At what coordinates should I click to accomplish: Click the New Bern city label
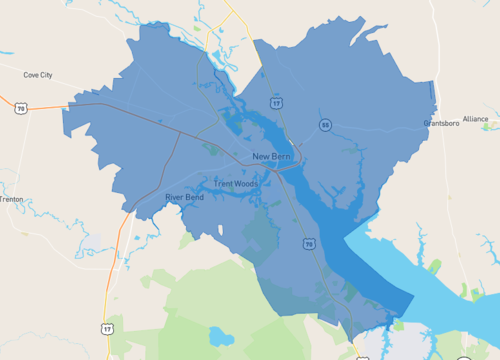point(272,156)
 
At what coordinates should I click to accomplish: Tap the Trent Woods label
point(236,184)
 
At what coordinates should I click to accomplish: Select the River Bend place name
point(184,197)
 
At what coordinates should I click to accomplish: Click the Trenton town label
point(11,199)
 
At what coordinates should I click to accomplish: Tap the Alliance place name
point(476,118)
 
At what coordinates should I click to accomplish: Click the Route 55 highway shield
point(325,124)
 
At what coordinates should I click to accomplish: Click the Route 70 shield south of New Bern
point(308,244)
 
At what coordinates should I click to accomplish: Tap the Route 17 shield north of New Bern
point(276,102)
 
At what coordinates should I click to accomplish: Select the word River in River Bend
point(175,197)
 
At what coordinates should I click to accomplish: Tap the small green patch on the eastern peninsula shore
point(434,268)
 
